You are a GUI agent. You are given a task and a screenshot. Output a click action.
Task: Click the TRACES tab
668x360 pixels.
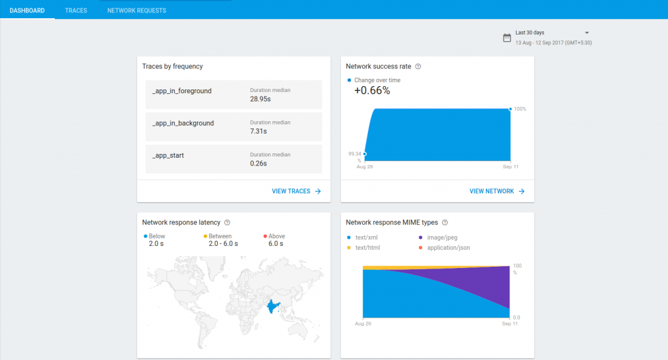tap(76, 10)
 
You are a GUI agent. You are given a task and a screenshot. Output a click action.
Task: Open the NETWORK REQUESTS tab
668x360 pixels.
tap(136, 10)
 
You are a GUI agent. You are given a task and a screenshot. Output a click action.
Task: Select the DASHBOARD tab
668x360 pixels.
tap(27, 10)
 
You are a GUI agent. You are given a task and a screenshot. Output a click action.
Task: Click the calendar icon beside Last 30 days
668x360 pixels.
tap(507, 38)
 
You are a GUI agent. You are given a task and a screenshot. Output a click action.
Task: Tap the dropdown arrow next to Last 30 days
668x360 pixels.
tap(586, 33)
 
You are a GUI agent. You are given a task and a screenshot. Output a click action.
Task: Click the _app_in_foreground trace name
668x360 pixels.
tap(181, 91)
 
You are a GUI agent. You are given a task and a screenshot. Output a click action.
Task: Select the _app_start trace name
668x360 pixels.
tap(168, 155)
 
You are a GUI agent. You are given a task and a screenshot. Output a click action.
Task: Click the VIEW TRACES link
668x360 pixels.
tap(296, 191)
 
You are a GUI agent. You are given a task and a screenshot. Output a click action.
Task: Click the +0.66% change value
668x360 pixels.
tap(372, 91)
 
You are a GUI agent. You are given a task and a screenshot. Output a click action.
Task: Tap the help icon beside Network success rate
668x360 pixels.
tap(418, 67)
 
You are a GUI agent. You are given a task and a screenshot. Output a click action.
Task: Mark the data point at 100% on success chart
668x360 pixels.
tap(509, 109)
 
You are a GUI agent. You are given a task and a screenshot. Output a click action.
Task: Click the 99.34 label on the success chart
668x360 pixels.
tap(355, 154)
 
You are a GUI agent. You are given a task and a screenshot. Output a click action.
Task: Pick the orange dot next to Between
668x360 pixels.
tap(205, 236)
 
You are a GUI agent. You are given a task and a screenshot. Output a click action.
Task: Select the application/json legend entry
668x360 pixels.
tap(448, 248)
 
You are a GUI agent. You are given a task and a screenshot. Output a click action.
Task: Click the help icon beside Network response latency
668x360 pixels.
tap(227, 222)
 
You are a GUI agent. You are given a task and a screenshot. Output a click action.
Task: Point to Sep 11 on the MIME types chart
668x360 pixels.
tap(509, 323)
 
